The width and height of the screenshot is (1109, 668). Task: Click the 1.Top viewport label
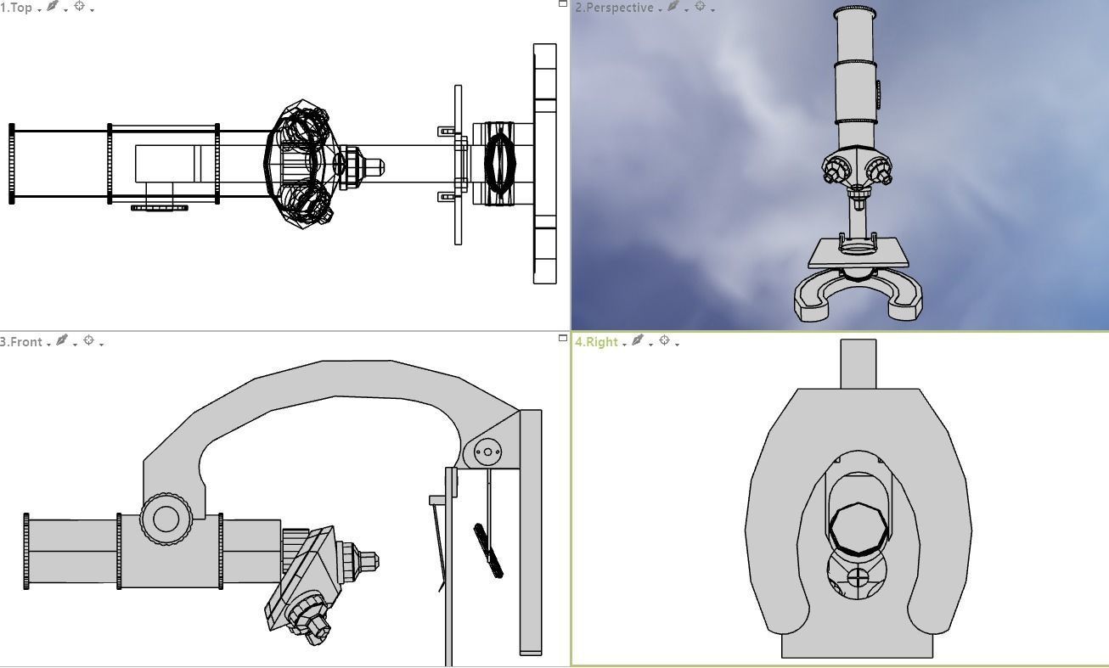[17, 8]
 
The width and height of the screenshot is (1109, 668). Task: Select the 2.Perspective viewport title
[614, 8]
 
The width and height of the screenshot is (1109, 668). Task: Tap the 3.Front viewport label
[21, 342]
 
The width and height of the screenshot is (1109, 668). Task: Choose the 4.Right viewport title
[597, 342]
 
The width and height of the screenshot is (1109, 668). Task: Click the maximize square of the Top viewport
[562, 4]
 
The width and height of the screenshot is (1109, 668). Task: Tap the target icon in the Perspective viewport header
[700, 7]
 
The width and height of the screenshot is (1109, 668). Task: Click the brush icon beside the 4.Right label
[638, 341]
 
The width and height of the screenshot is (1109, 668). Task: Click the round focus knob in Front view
[165, 519]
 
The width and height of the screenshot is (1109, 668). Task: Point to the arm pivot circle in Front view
[487, 452]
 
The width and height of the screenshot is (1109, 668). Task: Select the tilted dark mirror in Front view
[488, 551]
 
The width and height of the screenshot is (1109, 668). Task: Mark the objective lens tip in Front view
[370, 561]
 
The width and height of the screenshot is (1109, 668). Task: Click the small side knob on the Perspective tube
[878, 91]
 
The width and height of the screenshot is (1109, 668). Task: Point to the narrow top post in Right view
[858, 363]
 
